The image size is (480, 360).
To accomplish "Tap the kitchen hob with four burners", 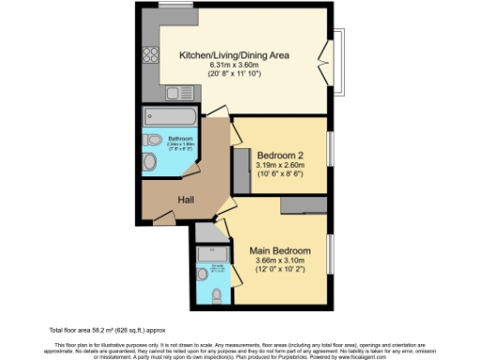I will pos(149,54).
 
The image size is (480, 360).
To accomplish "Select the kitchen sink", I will pos(173,92).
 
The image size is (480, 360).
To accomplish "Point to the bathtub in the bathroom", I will pos(170,117).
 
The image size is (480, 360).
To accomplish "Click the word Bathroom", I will pos(180,138).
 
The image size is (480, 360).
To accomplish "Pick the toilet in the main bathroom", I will pos(151,160).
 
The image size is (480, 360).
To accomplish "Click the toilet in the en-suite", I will pos(216,296).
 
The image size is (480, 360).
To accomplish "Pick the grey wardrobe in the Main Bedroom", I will pos(303,205).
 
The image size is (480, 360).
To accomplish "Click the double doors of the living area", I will pos(325,59).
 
